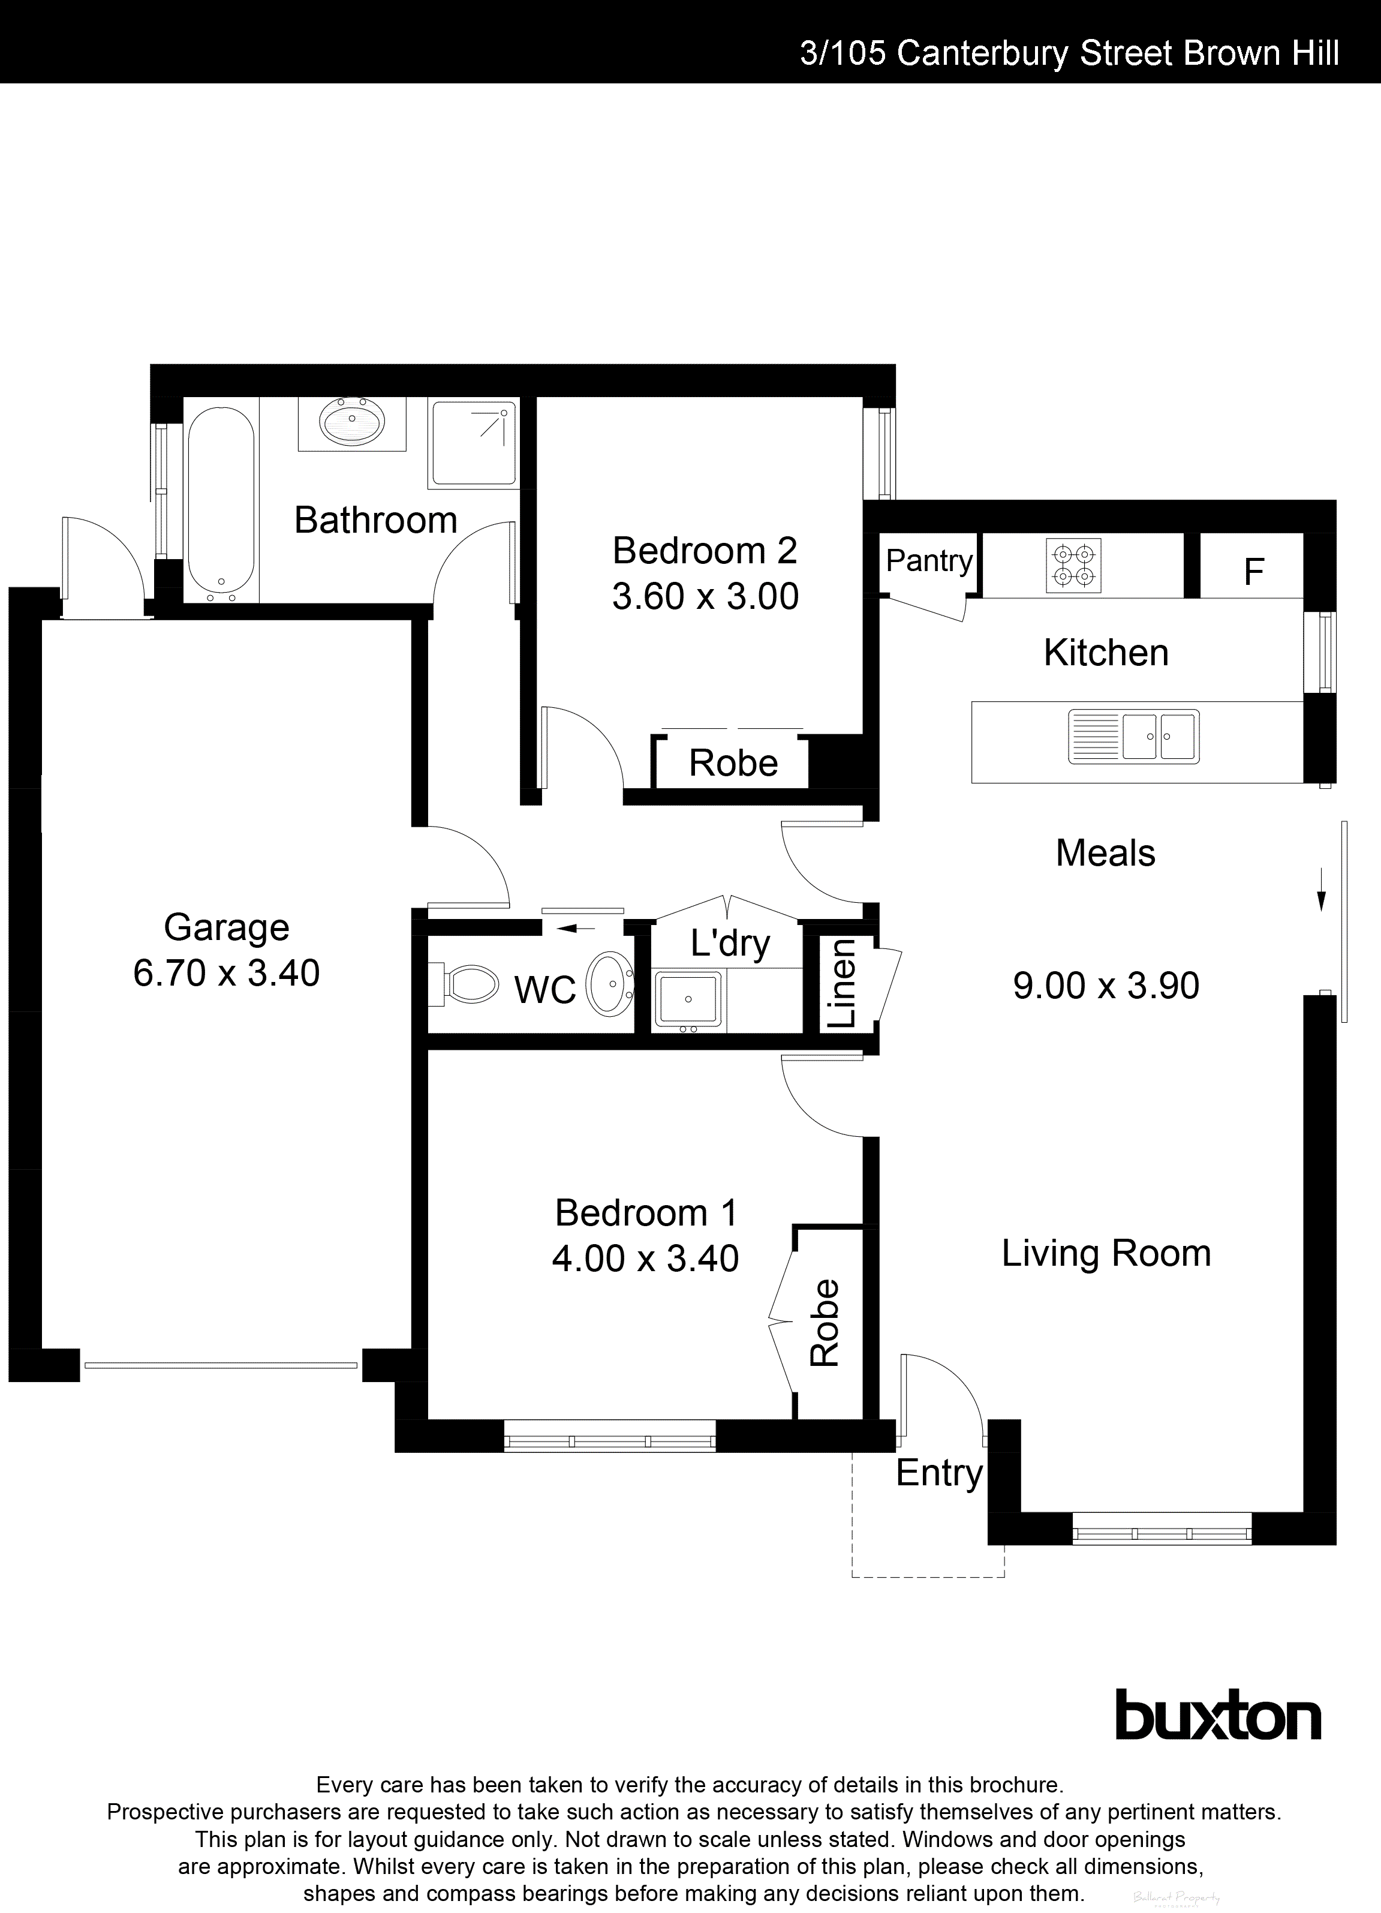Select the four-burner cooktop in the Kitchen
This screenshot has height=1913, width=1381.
pos(1074,565)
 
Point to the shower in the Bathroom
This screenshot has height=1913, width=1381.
pos(474,444)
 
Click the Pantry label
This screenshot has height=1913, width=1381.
pos(929,560)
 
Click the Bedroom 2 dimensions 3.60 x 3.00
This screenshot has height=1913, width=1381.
pos(705,596)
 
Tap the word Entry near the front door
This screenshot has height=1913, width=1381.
pos(938,1473)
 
